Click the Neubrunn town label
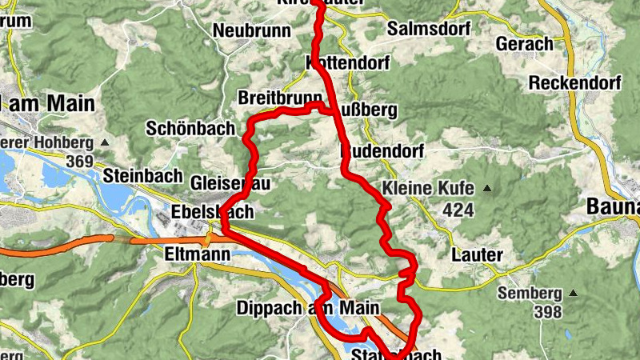click(x=246, y=30)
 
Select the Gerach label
click(x=525, y=43)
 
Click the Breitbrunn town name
click(x=279, y=98)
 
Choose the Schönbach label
click(x=190, y=128)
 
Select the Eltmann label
click(x=196, y=254)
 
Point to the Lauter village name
click(x=477, y=254)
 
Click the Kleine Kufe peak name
click(x=429, y=189)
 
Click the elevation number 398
click(x=546, y=312)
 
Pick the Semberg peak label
click(x=529, y=293)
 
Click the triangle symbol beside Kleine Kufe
click(x=486, y=190)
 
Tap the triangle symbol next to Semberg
click(x=572, y=294)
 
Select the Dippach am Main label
click(x=306, y=308)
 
